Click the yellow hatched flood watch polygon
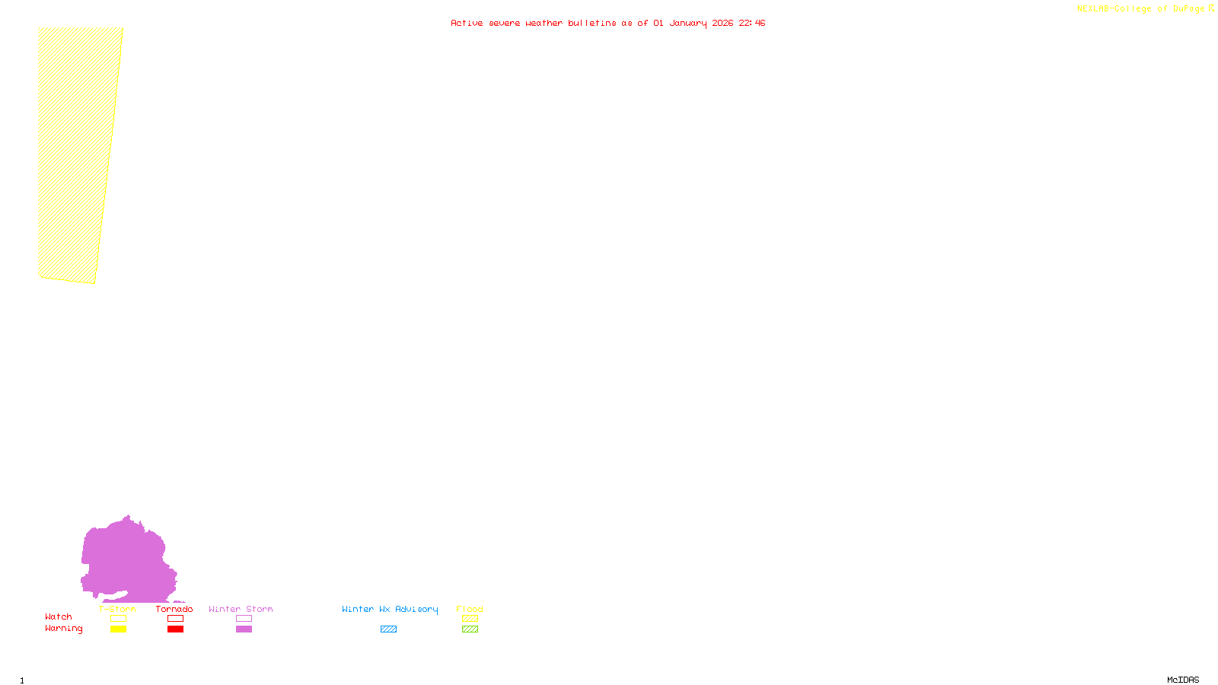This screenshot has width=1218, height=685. tap(76, 152)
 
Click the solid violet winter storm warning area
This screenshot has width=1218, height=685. tap(126, 559)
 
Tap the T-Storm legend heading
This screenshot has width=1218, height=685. tap(117, 609)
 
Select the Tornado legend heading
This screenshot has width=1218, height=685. tap(174, 609)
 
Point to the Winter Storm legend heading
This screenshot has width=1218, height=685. tap(241, 609)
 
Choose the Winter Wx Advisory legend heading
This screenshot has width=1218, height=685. tap(390, 609)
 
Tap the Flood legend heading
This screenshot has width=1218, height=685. tap(470, 609)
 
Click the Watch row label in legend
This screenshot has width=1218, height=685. tap(59, 617)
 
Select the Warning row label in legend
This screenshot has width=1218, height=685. tap(63, 629)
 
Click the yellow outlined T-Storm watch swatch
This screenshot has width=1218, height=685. tap(118, 619)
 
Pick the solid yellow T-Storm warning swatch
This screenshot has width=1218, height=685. tap(118, 629)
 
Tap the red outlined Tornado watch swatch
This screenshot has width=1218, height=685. tap(175, 619)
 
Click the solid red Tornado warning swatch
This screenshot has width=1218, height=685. tap(175, 629)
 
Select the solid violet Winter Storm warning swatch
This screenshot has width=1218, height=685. tap(244, 629)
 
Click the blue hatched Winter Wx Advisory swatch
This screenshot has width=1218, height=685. tap(388, 629)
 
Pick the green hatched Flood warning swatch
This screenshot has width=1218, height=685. tap(470, 629)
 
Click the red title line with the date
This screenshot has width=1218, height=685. tap(607, 23)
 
